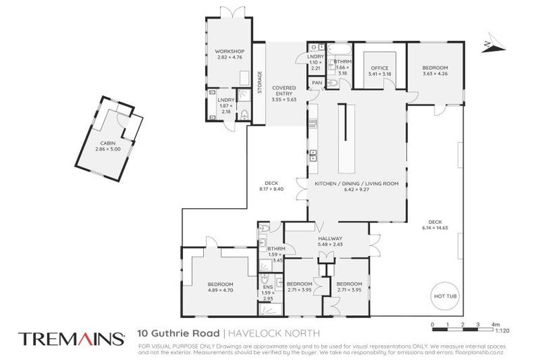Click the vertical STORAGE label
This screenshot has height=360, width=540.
tap(259, 82)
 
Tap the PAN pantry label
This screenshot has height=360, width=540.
tap(317, 82)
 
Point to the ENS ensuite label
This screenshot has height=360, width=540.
tap(268, 288)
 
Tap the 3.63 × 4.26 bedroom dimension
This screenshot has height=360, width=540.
tap(435, 73)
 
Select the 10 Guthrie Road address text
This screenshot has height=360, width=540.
tap(180, 333)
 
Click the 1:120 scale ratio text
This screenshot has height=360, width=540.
tap(502, 330)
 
